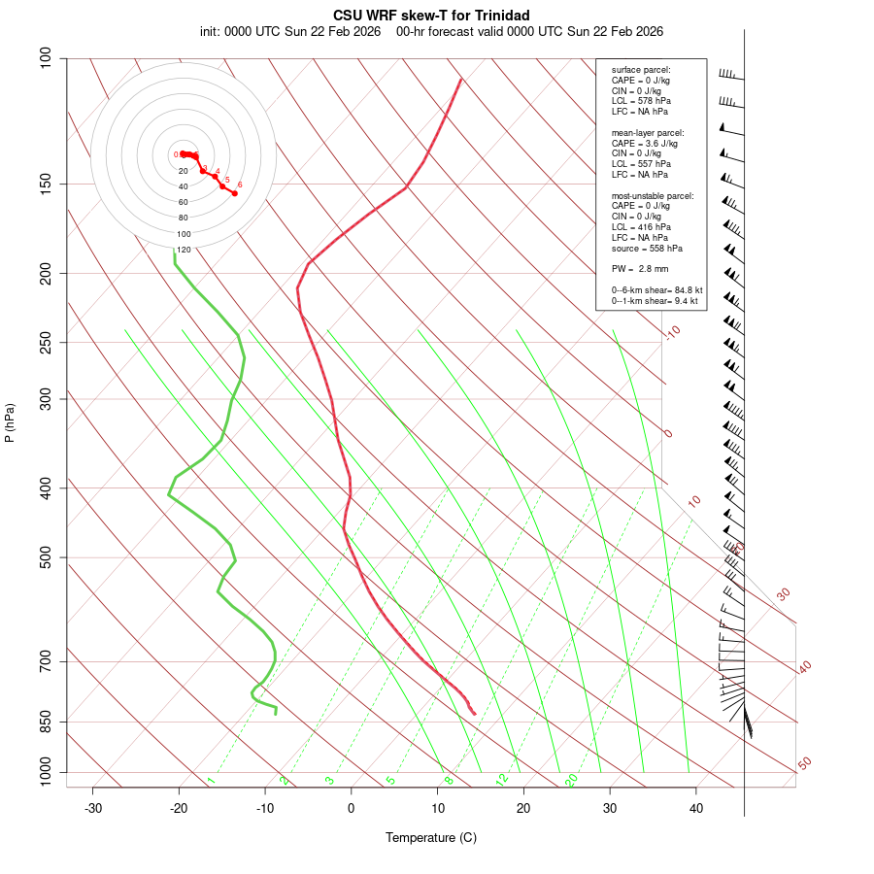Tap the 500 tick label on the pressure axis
(x=46, y=557)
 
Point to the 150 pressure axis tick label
(x=46, y=184)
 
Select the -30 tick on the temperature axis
(x=93, y=808)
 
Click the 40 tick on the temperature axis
(x=696, y=808)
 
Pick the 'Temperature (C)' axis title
(x=431, y=837)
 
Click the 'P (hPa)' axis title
(x=10, y=422)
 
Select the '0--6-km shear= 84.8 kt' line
(x=656, y=290)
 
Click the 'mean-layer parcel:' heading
(x=648, y=132)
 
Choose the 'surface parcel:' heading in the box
(x=641, y=70)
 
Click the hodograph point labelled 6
(x=234, y=193)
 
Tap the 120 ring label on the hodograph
(x=184, y=250)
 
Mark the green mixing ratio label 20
(x=572, y=779)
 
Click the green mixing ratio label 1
(x=211, y=781)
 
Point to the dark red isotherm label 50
(x=804, y=764)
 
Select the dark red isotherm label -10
(x=672, y=332)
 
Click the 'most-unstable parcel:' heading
(x=653, y=195)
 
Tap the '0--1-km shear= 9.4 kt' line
(x=655, y=301)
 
